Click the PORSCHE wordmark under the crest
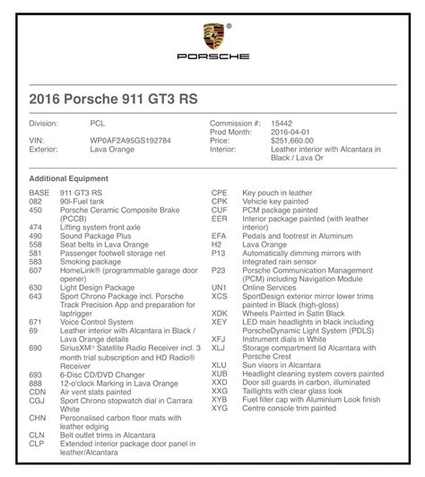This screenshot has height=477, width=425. point(212,59)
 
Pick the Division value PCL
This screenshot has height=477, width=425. point(98,121)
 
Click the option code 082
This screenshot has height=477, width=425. point(35,202)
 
